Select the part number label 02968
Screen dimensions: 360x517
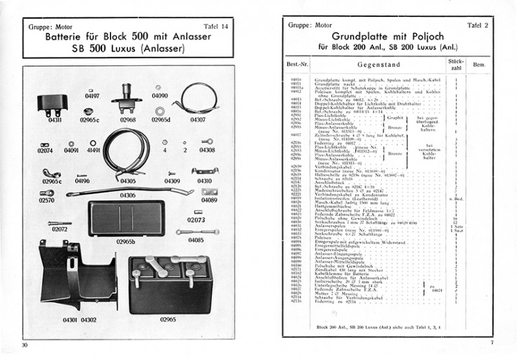127,119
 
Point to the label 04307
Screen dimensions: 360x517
198,119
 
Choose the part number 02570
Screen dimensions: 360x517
47,201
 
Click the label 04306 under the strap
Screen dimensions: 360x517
127,195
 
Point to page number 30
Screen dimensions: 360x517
25,343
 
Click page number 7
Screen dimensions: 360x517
491,343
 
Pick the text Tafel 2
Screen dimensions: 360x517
479,25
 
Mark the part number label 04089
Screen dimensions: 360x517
208,201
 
